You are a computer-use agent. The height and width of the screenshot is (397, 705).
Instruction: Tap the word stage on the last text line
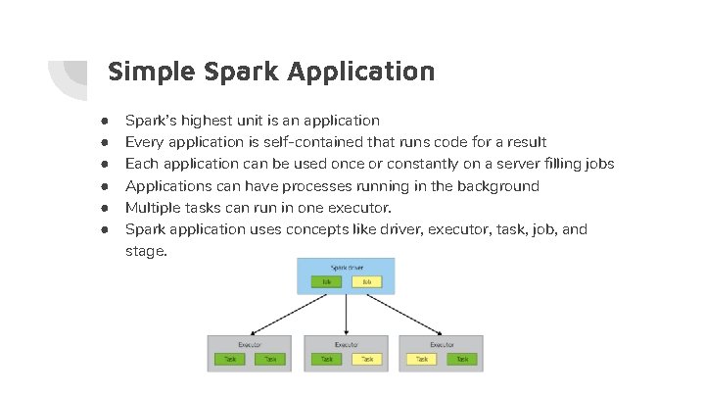tap(145, 251)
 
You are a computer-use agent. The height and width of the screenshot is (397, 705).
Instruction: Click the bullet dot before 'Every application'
tap(102, 142)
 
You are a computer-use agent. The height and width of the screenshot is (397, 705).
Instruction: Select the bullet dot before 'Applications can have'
tap(102, 185)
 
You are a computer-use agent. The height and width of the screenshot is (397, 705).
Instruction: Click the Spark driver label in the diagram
tap(346, 267)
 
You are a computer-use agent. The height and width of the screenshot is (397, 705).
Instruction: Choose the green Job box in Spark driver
tap(325, 281)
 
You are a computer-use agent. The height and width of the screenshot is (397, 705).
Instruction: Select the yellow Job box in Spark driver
tap(365, 281)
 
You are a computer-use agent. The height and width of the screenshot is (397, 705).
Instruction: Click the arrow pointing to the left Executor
tap(284, 313)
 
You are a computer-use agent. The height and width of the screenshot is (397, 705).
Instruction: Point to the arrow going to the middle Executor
tap(346, 314)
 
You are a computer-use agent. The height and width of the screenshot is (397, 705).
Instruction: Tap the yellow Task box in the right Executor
tap(423, 360)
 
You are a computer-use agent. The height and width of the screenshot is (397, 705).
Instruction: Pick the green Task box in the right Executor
tap(461, 360)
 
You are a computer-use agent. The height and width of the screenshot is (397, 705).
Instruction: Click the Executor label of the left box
tap(249, 345)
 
